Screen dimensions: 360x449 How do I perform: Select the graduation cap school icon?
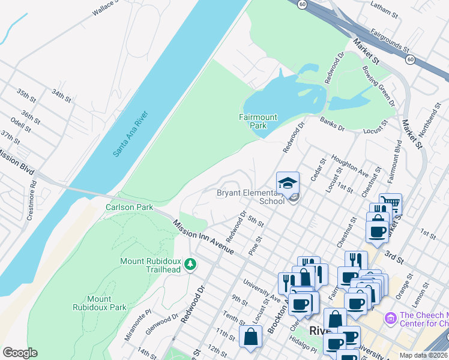pyautogui.click(x=288, y=182)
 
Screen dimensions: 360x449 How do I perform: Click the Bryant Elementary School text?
pyautogui.click(x=250, y=197)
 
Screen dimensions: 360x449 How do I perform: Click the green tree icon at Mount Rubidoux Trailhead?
pyautogui.click(x=190, y=264)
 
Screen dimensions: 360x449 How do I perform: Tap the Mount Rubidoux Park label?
pyautogui.click(x=98, y=303)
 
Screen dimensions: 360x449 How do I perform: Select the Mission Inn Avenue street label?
pyautogui.click(x=203, y=238)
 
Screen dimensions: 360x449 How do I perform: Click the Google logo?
pyautogui.click(x=20, y=353)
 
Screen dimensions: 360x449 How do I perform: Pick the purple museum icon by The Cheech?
pyautogui.click(x=390, y=316)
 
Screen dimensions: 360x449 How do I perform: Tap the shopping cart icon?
pyautogui.click(x=390, y=204)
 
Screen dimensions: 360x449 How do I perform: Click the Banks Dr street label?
pyautogui.click(x=331, y=124)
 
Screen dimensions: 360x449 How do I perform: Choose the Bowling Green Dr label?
pyautogui.click(x=378, y=86)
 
